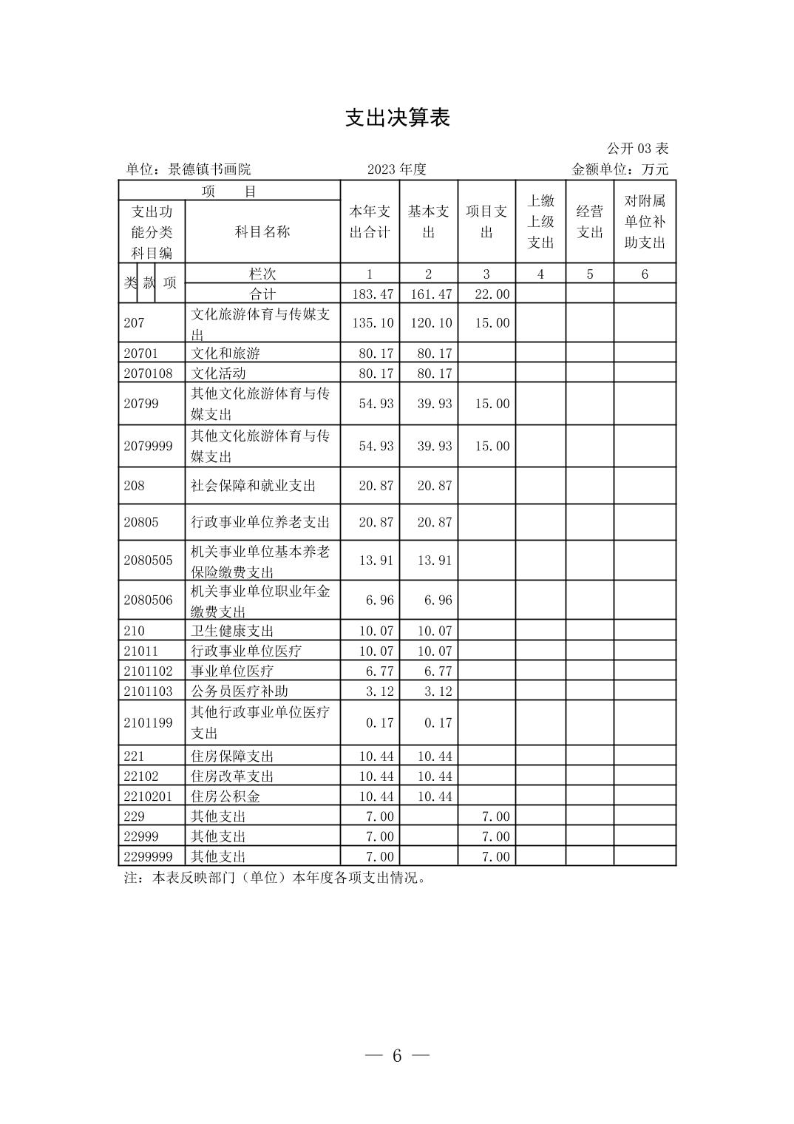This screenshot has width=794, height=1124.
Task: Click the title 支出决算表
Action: tap(397, 118)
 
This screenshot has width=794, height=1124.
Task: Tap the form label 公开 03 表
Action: tap(637, 149)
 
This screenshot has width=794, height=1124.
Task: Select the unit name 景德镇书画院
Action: tap(209, 169)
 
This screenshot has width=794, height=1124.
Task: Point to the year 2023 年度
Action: tap(397, 169)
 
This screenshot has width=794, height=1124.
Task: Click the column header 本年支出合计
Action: tap(370, 221)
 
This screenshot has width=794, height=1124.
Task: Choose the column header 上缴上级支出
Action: tap(540, 221)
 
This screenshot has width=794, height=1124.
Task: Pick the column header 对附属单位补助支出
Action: tap(645, 221)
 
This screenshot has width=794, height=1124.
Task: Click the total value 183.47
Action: tap(373, 294)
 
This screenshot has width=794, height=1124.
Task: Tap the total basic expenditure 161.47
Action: tap(431, 294)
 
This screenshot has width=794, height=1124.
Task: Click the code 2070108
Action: tap(148, 373)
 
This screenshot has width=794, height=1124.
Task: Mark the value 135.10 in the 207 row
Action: tap(373, 323)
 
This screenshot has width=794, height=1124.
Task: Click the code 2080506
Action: tap(148, 600)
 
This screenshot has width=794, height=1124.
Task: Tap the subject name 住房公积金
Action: tap(225, 796)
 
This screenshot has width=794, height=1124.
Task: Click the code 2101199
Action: tap(148, 722)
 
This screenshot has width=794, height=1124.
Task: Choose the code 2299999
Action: tap(148, 856)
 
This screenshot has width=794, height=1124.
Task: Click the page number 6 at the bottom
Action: tap(397, 1055)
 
